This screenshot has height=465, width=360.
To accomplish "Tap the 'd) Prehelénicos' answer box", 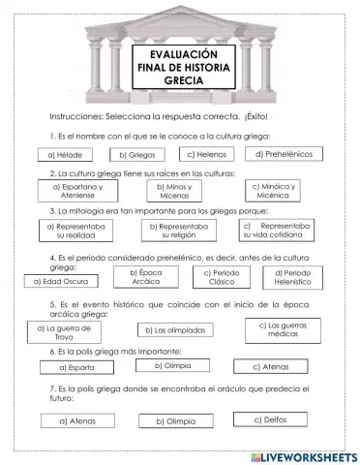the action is [284, 153].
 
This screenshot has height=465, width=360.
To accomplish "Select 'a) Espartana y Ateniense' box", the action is [76, 190].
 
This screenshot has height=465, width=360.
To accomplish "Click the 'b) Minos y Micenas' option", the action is [174, 191].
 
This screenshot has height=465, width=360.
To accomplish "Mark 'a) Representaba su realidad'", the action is [76, 229].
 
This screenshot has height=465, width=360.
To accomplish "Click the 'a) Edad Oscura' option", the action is [59, 281].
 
